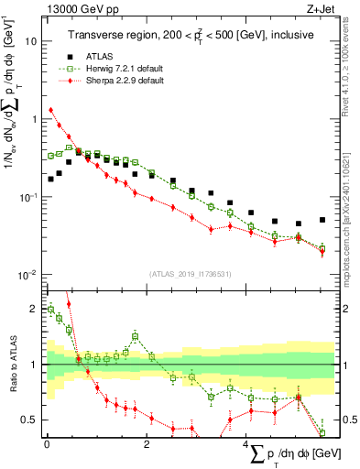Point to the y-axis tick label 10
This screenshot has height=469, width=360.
pyautogui.click(x=30, y=41)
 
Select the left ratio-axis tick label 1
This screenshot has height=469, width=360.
pyautogui.click(x=34, y=365)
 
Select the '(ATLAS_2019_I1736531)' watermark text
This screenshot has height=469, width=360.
pyautogui.click(x=191, y=274)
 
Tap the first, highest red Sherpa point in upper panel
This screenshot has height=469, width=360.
pyautogui.click(x=50, y=111)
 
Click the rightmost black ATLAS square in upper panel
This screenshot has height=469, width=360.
pyautogui.click(x=322, y=220)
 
